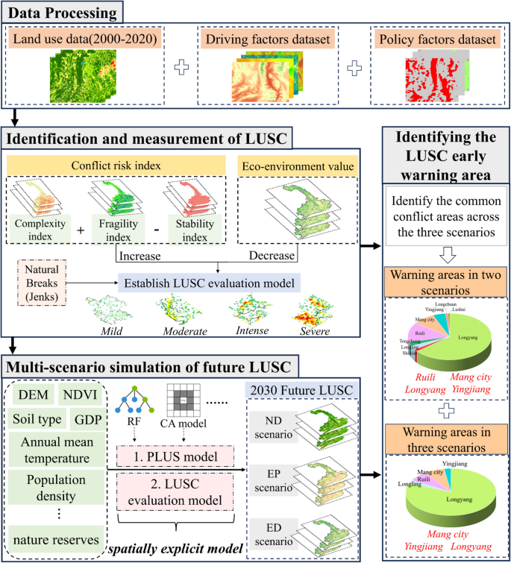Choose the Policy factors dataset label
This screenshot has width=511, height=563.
click(436, 40)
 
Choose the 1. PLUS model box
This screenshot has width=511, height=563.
click(175, 455)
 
